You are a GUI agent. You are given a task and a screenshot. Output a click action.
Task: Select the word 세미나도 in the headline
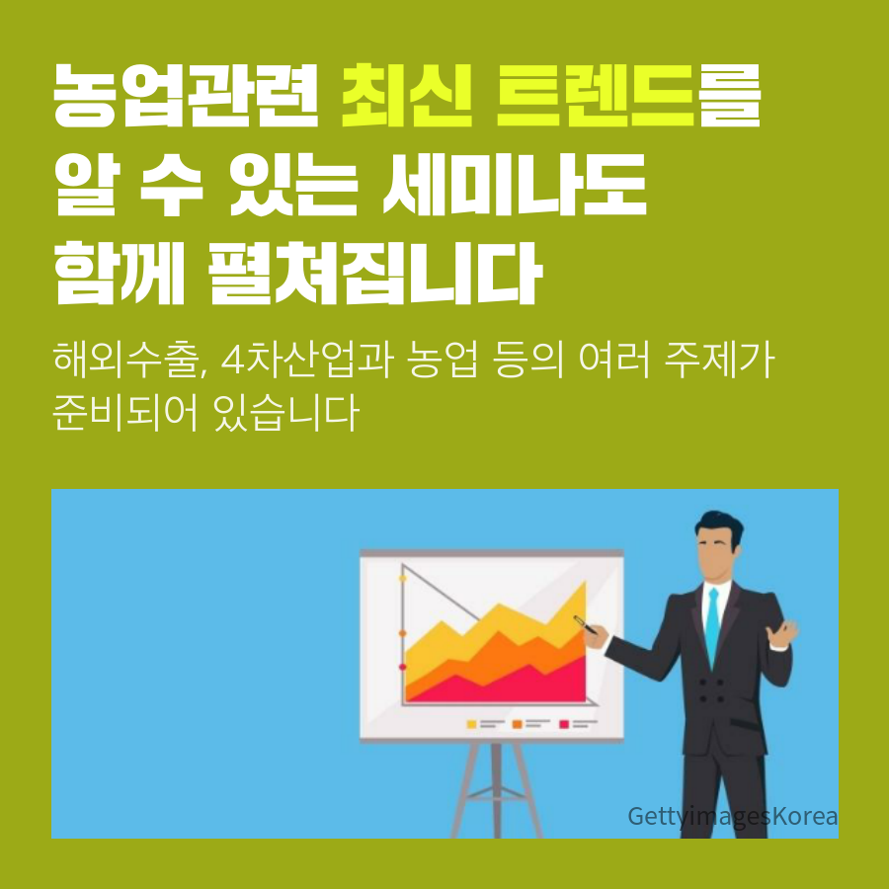point(515,185)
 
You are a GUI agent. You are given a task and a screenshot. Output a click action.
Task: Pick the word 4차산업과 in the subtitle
point(307,360)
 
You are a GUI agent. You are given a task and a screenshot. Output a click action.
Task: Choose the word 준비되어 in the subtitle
point(125,412)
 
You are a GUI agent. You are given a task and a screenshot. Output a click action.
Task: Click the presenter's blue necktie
point(712,627)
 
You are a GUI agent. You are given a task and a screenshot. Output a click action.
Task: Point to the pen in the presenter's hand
point(585,624)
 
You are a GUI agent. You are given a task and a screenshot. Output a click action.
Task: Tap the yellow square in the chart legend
point(471,724)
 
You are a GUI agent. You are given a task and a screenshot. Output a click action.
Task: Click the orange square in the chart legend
point(517,724)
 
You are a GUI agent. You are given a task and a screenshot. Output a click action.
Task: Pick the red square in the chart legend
point(564,724)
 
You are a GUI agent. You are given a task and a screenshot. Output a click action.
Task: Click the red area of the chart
point(511,687)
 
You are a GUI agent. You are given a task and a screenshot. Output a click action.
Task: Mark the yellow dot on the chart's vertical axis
point(403,578)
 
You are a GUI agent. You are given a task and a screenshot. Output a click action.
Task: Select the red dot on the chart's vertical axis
point(403,667)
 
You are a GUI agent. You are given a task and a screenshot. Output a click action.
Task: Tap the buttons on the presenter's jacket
point(711,690)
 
